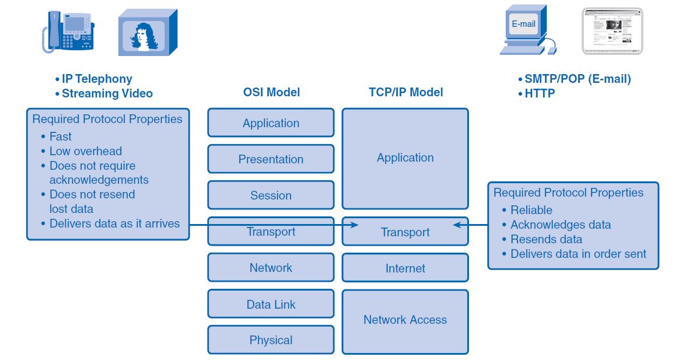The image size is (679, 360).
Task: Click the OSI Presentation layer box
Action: [271, 159]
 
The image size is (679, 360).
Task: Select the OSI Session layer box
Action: [271, 195]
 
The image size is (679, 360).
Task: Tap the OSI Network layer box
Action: [271, 268]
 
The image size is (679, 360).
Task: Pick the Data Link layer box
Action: [271, 304]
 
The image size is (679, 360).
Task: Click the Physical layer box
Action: [271, 340]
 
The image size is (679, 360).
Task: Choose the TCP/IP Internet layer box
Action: [405, 268]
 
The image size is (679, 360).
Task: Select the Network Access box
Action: [405, 320]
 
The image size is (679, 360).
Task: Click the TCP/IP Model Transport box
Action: [405, 232]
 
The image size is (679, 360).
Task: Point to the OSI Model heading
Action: [271, 92]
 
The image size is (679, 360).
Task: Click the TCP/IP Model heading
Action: [405, 92]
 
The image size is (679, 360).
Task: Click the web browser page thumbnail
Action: [612, 31]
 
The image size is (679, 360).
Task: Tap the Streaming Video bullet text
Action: [107, 93]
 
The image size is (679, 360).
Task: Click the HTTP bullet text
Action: [540, 93]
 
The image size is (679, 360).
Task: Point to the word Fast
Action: [61, 137]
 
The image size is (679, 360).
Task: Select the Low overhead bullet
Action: [85, 151]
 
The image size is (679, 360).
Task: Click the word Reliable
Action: [531, 210]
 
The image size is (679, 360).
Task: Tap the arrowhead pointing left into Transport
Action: [457, 225]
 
